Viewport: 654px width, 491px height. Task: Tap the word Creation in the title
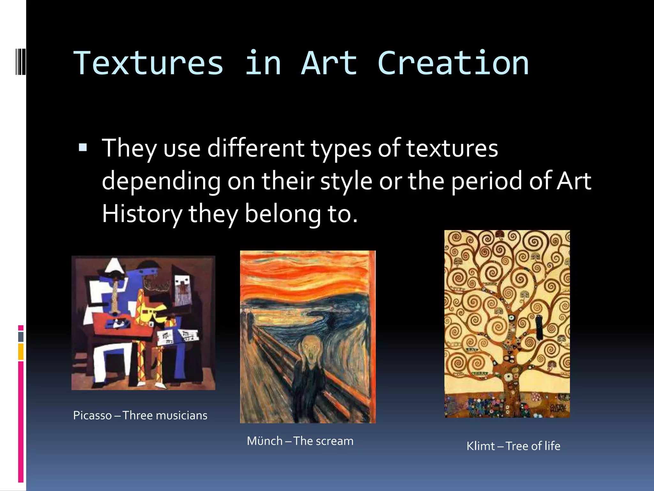pos(453,63)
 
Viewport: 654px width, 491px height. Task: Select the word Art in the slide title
pos(329,63)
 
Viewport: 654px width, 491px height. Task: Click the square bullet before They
pos(83,147)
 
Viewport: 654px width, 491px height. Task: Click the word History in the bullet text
pos(142,214)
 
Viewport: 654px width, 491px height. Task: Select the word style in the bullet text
pos(346,181)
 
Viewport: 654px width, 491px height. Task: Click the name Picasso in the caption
pos(92,415)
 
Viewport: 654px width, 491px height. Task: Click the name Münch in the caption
pos(264,441)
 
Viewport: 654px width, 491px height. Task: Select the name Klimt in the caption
pos(480,446)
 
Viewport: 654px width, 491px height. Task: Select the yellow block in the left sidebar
pos(21,352)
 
